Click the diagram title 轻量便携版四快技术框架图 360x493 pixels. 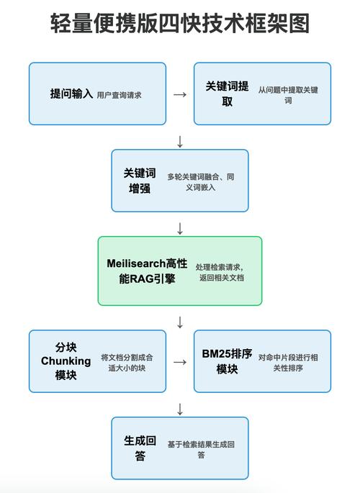click(180, 24)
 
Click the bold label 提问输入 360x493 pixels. click(71, 94)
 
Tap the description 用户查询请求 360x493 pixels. click(119, 94)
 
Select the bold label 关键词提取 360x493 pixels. click(228, 94)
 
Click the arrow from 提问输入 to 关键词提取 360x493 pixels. click(180, 94)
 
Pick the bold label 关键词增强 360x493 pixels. click(139, 181)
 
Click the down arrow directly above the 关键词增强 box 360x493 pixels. click(180, 139)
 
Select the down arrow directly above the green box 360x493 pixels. click(180, 228)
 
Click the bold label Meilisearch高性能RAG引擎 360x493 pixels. click(147, 271)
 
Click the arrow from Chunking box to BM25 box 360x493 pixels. click(180, 361)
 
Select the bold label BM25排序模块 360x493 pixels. click(228, 361)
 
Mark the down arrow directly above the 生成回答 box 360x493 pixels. click(180, 408)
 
